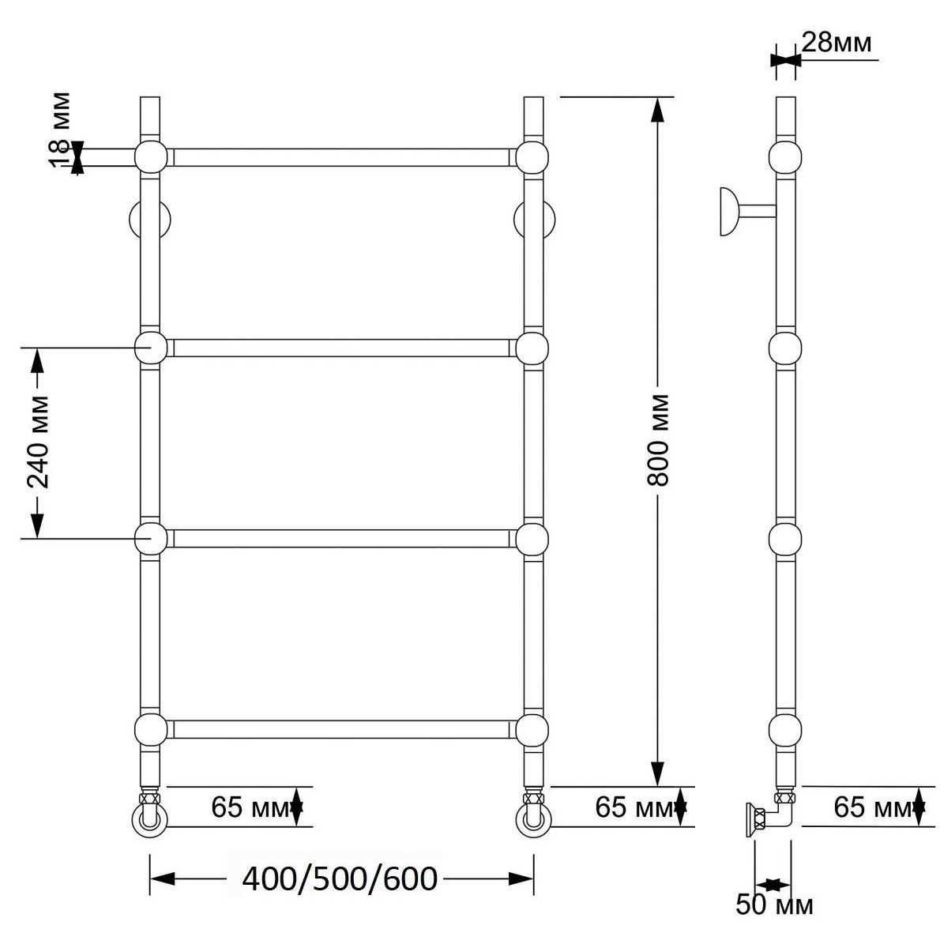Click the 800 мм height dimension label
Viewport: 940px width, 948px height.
(x=657, y=440)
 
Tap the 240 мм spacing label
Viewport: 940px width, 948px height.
(x=38, y=442)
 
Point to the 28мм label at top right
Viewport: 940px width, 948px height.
(x=837, y=43)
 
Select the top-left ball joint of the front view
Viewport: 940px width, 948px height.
(x=151, y=157)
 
